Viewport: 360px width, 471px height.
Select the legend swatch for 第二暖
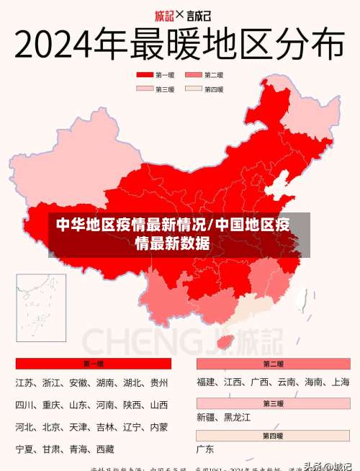(193, 74)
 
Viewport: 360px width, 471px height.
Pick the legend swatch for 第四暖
(193, 89)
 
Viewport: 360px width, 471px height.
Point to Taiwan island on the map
(303, 298)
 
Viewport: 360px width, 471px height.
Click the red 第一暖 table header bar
(94, 364)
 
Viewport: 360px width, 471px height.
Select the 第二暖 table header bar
(273, 364)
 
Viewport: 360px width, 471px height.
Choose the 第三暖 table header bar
(273, 403)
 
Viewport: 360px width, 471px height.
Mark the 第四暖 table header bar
(273, 435)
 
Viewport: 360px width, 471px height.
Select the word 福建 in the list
(207, 382)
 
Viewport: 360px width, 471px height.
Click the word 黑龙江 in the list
(238, 417)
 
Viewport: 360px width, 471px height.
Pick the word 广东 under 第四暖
(205, 449)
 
